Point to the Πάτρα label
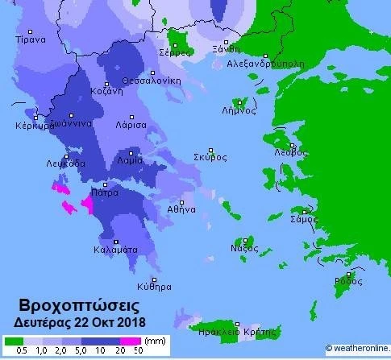105,193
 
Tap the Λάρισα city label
131,126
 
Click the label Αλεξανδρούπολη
265,62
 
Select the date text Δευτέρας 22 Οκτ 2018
79,322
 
